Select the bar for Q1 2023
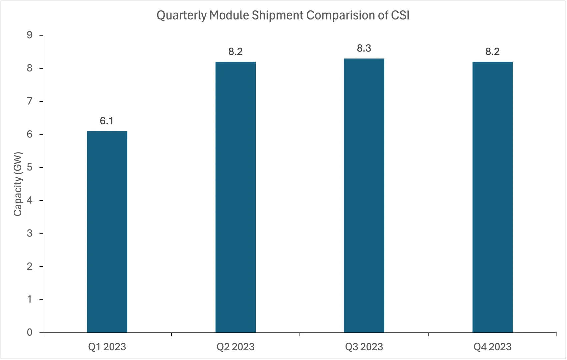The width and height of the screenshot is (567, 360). point(107,232)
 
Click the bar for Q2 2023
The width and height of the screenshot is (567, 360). point(235,197)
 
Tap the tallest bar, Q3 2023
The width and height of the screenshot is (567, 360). point(364,195)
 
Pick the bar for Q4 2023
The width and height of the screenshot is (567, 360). point(492,197)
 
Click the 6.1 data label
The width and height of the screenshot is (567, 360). point(107,121)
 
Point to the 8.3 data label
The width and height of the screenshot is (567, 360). point(364,48)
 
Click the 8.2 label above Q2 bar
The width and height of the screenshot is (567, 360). point(235,52)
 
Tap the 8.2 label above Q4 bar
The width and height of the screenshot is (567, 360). point(492,52)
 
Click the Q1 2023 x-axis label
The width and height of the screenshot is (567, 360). point(107,347)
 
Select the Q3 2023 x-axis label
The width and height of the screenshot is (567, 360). point(364,347)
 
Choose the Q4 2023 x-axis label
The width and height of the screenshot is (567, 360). point(492,347)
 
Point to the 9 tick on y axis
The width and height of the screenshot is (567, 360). point(30,35)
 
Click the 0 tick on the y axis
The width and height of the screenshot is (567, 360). point(30,332)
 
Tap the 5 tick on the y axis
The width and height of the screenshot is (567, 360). point(30,167)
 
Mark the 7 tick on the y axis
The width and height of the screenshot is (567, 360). point(30,101)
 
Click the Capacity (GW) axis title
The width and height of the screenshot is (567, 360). point(18,184)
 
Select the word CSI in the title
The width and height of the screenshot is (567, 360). point(400,15)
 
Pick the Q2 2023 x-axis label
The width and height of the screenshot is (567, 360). point(235,347)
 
